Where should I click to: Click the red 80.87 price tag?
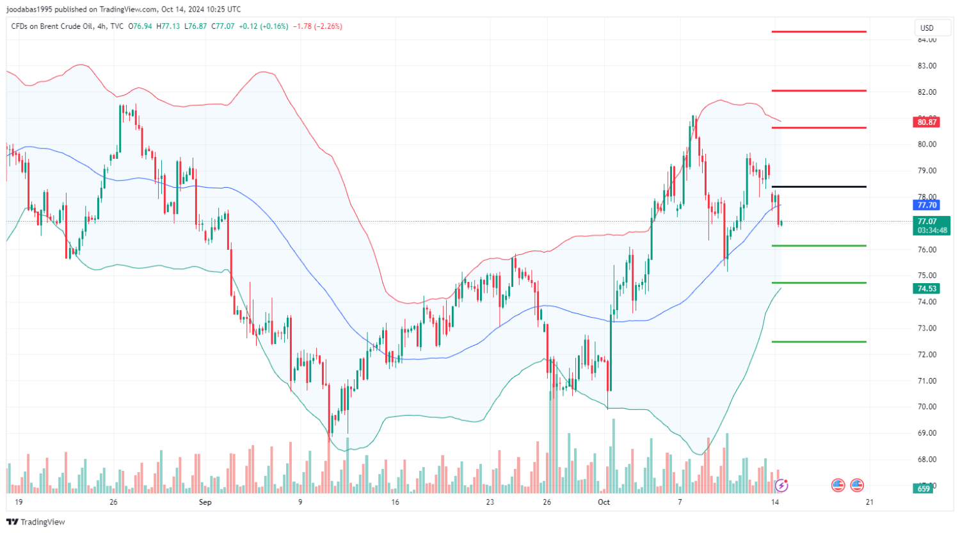(x=927, y=122)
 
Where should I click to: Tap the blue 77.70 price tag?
(x=927, y=205)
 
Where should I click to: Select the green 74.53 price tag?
(x=927, y=288)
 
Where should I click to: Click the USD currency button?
(x=927, y=28)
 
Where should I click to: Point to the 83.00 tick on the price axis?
(x=927, y=66)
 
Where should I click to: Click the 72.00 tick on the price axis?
(x=927, y=354)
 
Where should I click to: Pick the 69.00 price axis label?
(x=927, y=433)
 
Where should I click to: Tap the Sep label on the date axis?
(x=205, y=502)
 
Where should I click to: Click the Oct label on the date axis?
(x=604, y=502)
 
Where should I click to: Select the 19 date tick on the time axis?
(x=19, y=502)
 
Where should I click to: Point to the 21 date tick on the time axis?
(x=869, y=502)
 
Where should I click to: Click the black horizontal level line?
(x=819, y=187)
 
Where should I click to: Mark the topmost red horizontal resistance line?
(x=819, y=31)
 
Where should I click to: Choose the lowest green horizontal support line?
(x=819, y=341)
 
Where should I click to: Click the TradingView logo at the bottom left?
(x=36, y=522)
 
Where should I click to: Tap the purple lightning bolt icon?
(x=781, y=485)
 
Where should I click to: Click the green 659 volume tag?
(x=924, y=489)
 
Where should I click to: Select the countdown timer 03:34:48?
(x=932, y=231)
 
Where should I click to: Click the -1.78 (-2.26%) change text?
(x=317, y=26)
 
